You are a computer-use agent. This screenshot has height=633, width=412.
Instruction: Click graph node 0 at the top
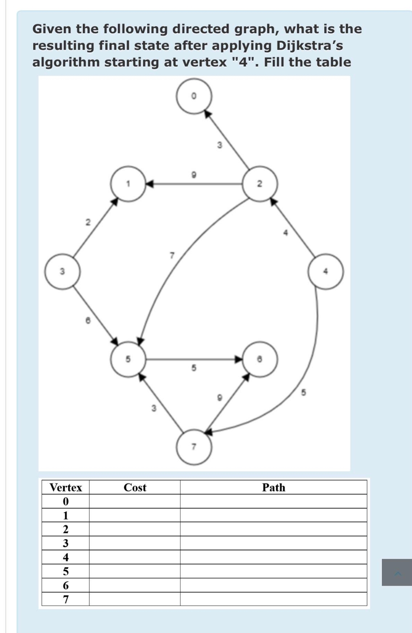point(194,96)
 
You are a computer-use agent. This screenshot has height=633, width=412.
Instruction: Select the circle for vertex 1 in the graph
point(128,184)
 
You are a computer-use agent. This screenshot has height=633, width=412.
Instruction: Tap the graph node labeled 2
point(260,184)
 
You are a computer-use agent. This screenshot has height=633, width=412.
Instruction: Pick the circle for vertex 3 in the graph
point(63,272)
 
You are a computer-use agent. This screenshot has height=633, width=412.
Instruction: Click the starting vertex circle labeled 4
point(326,272)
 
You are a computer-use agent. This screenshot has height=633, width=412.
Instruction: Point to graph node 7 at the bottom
point(194,447)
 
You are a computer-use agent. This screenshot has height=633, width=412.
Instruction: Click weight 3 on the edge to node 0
point(219,145)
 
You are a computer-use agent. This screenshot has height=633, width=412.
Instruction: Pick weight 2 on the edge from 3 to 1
point(88,222)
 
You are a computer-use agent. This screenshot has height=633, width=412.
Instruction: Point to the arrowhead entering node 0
point(207,113)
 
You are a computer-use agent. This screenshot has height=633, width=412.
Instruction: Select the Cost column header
point(135,487)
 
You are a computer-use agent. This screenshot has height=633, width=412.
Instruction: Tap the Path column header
point(274,487)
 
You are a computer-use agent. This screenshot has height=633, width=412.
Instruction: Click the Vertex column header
point(66,487)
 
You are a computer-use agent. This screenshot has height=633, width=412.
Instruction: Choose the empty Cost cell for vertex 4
point(135,557)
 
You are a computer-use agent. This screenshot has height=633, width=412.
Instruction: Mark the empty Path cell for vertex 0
point(274,501)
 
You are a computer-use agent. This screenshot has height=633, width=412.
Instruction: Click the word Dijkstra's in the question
point(309,45)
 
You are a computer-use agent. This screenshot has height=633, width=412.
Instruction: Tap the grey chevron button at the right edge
point(397,572)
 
